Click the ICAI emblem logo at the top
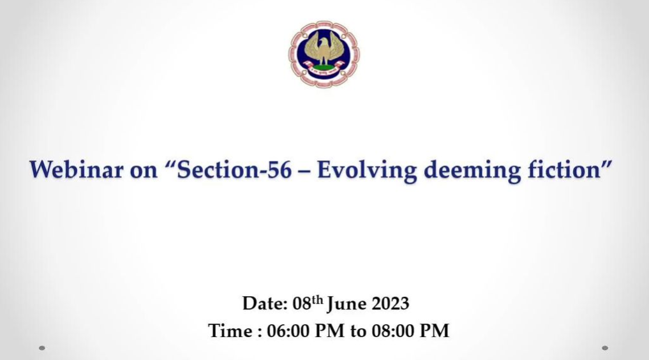click(x=324, y=54)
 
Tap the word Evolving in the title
click(x=367, y=170)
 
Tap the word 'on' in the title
click(x=144, y=171)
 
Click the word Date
click(x=265, y=303)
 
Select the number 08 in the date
click(x=302, y=303)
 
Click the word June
click(x=347, y=304)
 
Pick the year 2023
click(x=391, y=303)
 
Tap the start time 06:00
click(x=288, y=331)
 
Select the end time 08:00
click(x=393, y=331)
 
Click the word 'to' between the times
click(x=358, y=331)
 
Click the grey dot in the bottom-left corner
click(x=42, y=348)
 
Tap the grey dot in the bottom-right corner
click(x=605, y=348)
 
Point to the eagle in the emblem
click(x=324, y=49)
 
